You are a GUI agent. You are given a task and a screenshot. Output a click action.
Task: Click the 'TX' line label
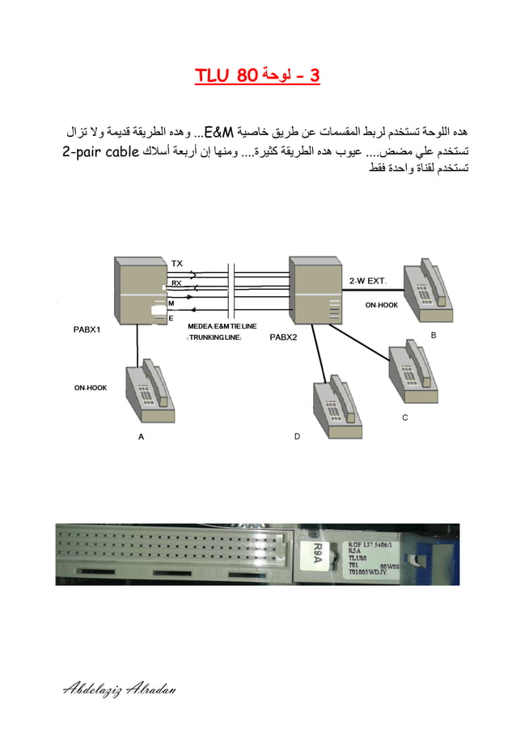(177, 263)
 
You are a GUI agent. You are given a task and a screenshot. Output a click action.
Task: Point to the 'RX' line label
(176, 282)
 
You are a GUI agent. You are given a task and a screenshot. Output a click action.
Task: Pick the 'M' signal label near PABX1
(171, 303)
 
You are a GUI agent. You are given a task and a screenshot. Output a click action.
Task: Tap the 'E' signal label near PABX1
(171, 319)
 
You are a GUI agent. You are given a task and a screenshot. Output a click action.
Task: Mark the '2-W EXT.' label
(368, 279)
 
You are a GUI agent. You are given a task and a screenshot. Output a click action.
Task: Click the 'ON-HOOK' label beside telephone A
(91, 388)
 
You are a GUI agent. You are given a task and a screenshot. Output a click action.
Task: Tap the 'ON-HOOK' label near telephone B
(381, 305)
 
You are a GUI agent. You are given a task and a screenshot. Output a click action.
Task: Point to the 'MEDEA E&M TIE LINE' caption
(220, 325)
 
